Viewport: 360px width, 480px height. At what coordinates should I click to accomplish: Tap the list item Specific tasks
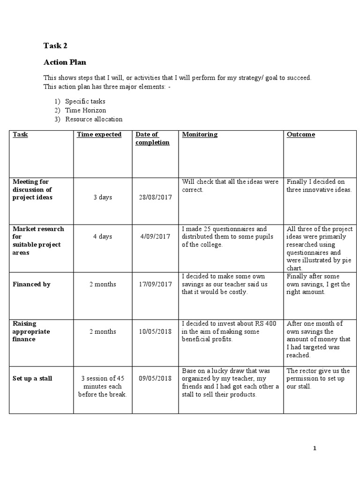[x=85, y=101]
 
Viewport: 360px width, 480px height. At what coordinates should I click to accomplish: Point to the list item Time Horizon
[x=86, y=110]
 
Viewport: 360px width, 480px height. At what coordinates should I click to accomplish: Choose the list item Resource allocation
[x=94, y=119]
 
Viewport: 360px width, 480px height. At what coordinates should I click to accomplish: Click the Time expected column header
[x=99, y=135]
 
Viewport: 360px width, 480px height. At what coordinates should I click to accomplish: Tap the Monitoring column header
[x=200, y=135]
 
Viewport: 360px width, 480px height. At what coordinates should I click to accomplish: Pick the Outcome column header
[x=301, y=135]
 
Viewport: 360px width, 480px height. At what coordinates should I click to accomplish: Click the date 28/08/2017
[x=156, y=197]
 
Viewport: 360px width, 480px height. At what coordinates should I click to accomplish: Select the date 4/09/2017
[x=155, y=237]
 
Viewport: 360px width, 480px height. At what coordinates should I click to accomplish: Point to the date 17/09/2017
[x=156, y=284]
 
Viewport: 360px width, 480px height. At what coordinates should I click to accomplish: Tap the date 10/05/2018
[x=156, y=331]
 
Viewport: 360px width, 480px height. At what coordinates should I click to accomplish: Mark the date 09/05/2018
[x=156, y=378]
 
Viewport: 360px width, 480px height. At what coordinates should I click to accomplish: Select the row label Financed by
[x=31, y=284]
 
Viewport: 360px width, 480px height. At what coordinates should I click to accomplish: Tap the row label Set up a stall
[x=33, y=378]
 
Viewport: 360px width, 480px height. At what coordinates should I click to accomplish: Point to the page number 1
[x=315, y=449]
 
